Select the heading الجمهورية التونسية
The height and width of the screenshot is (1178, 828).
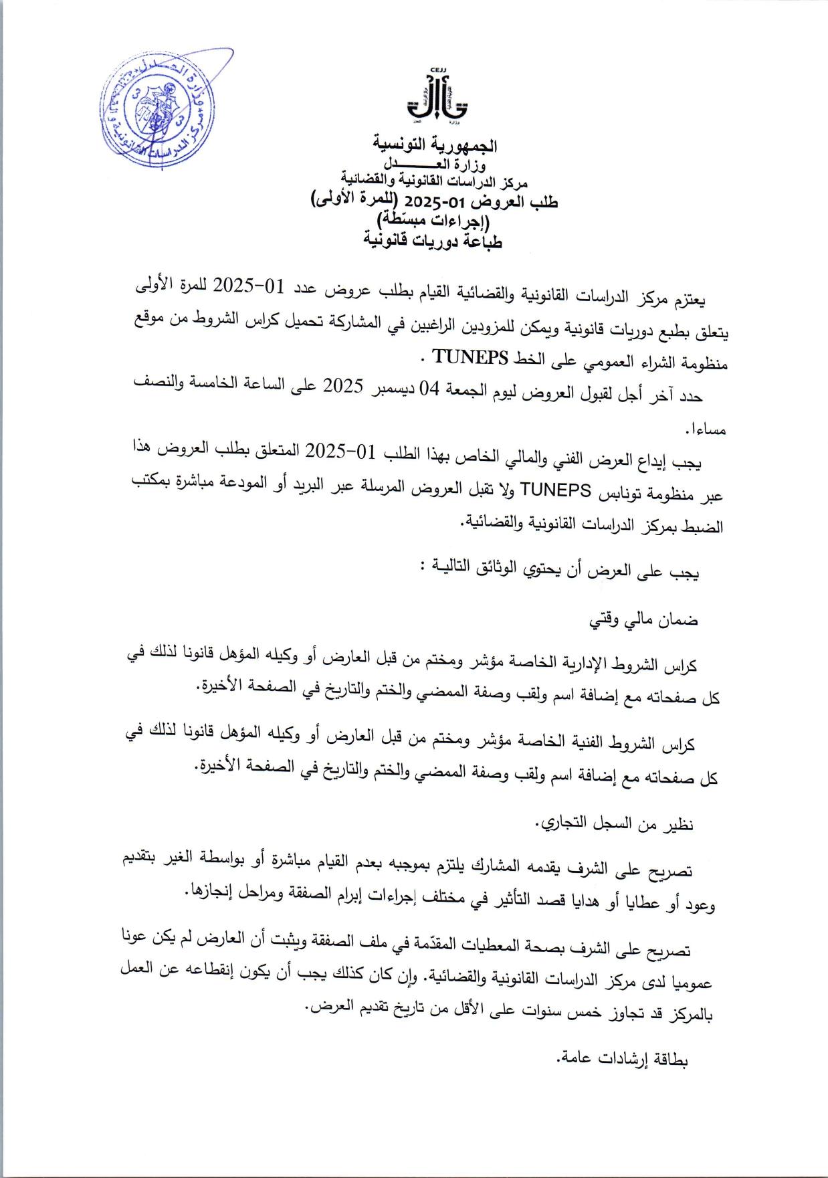(435, 144)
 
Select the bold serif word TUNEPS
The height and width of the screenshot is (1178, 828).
(471, 357)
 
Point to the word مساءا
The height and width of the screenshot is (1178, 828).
(705, 430)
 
